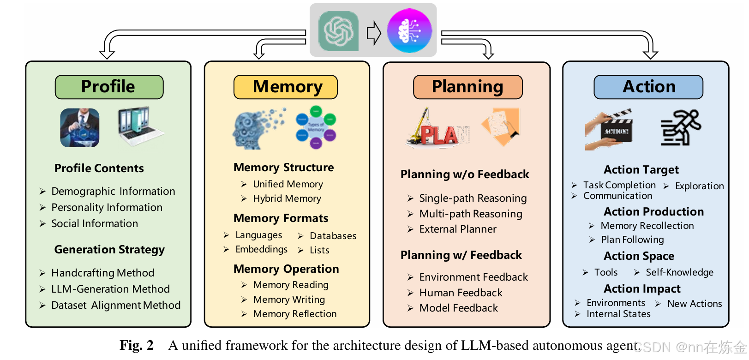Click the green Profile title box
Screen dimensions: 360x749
pos(109,87)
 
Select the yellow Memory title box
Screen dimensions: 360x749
pos(286,87)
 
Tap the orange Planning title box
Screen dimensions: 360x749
pos(467,87)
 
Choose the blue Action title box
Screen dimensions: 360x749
pos(648,87)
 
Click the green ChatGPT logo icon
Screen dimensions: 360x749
pos(338,31)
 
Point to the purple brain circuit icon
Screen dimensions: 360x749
pos(409,31)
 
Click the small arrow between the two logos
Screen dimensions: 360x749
pos(373,33)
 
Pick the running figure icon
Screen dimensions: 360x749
pos(681,128)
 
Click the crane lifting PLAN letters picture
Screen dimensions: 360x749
pos(436,128)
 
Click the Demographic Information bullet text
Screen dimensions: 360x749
pos(113,191)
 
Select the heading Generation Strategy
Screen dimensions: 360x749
pos(109,250)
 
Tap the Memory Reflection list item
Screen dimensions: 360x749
pos(295,314)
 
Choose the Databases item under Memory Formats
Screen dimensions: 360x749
pos(333,236)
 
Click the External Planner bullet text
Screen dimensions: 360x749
pos(458,229)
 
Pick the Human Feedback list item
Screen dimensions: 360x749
pos(461,293)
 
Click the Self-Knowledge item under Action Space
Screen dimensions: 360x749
pos(679,272)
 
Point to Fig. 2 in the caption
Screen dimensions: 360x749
pos(136,345)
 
